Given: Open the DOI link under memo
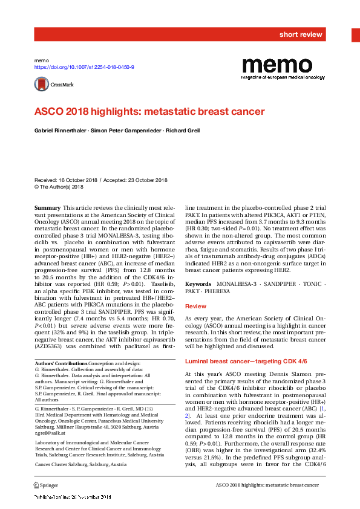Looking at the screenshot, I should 84,68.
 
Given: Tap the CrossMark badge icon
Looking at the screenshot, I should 53,85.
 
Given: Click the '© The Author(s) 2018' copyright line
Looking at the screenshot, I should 59,187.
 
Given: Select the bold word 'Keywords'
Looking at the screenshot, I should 198,284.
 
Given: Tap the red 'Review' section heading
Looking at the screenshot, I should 195,307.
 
